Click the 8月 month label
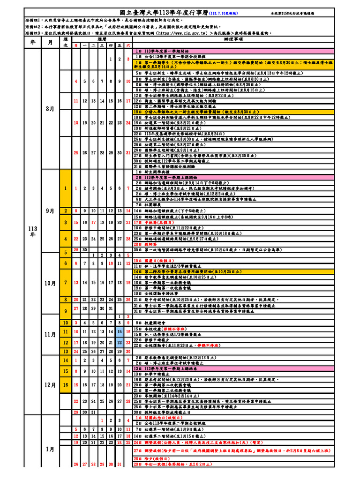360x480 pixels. point(51,109)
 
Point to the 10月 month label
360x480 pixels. point(51,284)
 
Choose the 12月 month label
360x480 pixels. point(51,385)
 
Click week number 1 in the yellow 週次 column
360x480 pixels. point(66,188)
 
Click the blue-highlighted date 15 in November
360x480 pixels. point(119,332)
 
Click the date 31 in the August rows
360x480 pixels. point(128,153)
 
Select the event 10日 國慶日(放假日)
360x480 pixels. point(150,260)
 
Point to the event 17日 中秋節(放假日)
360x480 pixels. point(150,222)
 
